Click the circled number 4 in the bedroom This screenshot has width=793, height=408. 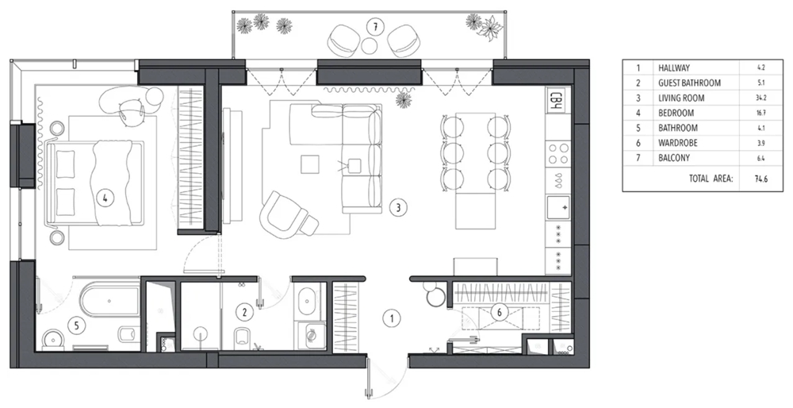tap(105, 198)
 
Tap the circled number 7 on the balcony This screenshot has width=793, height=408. tap(375, 27)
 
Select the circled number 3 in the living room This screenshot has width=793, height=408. tap(399, 207)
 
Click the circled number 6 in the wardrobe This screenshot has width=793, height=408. tap(500, 312)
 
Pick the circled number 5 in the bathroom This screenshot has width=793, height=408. tap(77, 325)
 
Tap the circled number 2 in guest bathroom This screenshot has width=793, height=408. tap(244, 312)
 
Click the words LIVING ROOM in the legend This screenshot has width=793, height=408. tap(681, 98)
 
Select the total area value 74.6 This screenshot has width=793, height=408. tap(761, 179)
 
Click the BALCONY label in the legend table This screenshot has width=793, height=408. tap(673, 158)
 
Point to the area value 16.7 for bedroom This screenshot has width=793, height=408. tap(761, 113)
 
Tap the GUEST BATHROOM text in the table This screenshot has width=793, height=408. tap(689, 83)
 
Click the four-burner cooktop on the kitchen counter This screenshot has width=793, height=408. tap(558, 153)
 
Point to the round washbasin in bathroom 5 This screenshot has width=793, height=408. tap(52, 339)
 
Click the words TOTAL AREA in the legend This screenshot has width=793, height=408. tap(711, 179)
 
